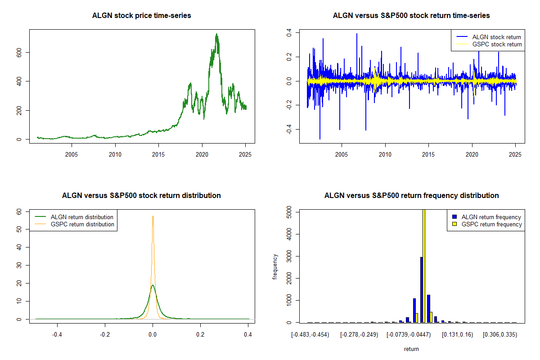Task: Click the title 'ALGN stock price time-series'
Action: [141, 15]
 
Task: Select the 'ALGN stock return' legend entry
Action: [489, 37]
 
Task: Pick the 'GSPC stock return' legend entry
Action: [489, 44]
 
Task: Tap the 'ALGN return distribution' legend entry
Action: [74, 217]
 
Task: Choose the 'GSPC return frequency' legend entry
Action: [487, 224]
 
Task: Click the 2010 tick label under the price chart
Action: [115, 154]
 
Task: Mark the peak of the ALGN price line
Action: [216, 34]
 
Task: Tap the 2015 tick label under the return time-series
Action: [428, 154]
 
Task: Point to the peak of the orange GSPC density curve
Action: [153, 216]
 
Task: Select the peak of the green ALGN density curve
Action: [153, 285]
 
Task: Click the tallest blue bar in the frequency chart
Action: [422, 290]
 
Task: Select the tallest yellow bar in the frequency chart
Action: [424, 266]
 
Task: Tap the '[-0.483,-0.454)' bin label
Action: [310, 335]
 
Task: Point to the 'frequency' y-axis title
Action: [275, 267]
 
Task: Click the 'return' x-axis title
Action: [411, 349]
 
